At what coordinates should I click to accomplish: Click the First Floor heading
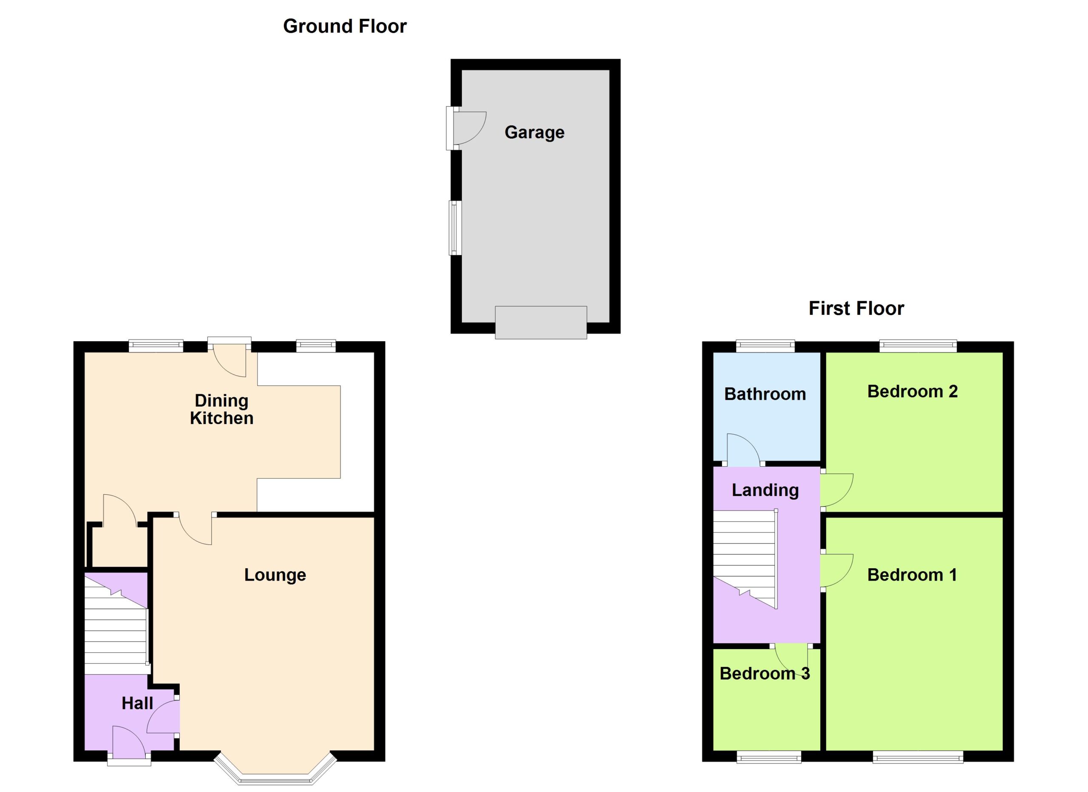pyautogui.click(x=856, y=308)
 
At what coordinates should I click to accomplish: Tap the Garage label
pyautogui.click(x=534, y=132)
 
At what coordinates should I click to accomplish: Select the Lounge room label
pyautogui.click(x=275, y=575)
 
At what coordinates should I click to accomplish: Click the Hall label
pyautogui.click(x=137, y=703)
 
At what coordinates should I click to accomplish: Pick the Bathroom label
pyautogui.click(x=765, y=394)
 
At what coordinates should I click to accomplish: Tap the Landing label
pyautogui.click(x=765, y=490)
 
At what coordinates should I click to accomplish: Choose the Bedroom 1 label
pyautogui.click(x=912, y=575)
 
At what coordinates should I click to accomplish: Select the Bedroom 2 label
pyautogui.click(x=912, y=391)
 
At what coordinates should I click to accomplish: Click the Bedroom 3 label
pyautogui.click(x=765, y=673)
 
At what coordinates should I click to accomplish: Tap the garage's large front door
pyautogui.click(x=541, y=322)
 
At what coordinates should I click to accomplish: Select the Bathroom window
pyautogui.click(x=765, y=346)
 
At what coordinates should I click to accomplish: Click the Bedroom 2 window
pyautogui.click(x=918, y=346)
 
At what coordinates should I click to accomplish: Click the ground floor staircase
pyautogui.click(x=116, y=624)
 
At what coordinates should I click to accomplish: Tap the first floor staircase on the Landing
pyautogui.click(x=745, y=559)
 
